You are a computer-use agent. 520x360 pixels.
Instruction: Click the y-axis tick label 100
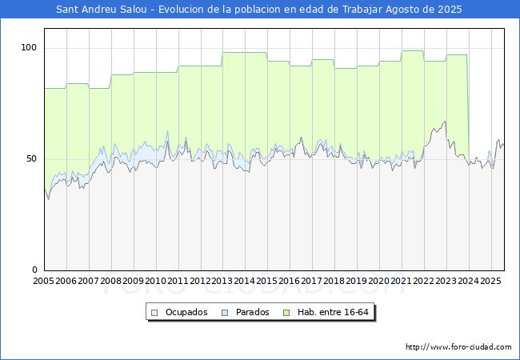[x=29, y=48]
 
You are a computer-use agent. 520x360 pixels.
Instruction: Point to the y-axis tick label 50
[x=31, y=158]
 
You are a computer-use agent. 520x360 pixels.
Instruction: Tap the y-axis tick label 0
[x=34, y=270]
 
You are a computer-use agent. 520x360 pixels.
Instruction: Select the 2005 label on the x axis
[x=43, y=281]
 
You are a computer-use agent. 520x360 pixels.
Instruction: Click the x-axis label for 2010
[x=155, y=281]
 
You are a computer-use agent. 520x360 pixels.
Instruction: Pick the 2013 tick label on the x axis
[x=222, y=281]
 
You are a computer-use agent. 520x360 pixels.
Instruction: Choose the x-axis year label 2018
[x=334, y=281]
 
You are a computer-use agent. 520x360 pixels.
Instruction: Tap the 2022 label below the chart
[x=424, y=281]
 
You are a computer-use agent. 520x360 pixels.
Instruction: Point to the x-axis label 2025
[x=491, y=281]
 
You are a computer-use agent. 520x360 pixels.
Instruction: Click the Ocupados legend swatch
[x=154, y=313]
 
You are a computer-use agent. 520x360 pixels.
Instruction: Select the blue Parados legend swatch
[x=225, y=313]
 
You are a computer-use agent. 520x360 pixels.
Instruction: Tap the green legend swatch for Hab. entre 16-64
[x=286, y=313]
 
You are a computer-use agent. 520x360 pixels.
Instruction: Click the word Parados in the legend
[x=252, y=312]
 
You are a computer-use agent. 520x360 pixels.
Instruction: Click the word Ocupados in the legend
[x=186, y=312]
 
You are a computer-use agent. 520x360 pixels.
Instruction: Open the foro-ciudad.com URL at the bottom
[x=458, y=347]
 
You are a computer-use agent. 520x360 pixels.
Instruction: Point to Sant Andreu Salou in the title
[x=102, y=10]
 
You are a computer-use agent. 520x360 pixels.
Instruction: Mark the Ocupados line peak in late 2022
[x=445, y=122]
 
